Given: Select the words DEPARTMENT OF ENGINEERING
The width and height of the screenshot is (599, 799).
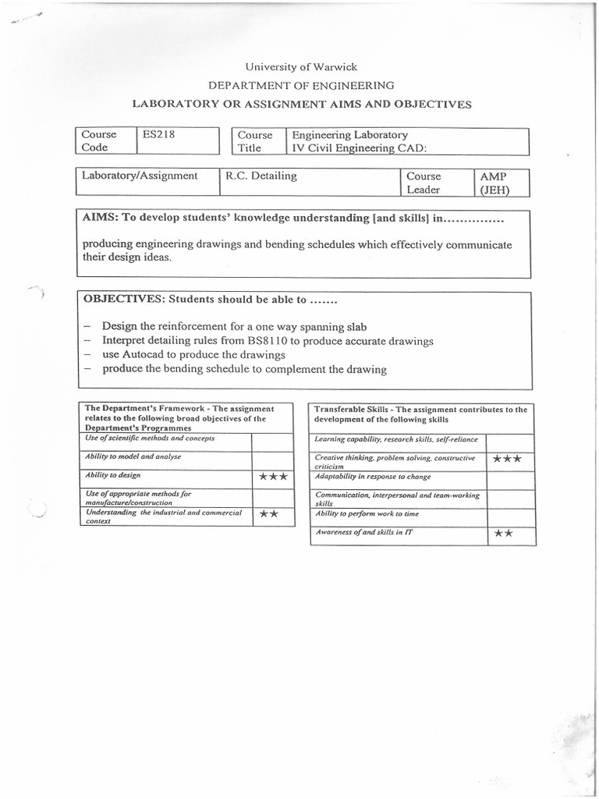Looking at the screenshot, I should click(x=300, y=85).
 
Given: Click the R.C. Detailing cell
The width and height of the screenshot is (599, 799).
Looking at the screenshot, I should click(x=261, y=176).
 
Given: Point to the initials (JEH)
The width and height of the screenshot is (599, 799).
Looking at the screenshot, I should click(x=495, y=190).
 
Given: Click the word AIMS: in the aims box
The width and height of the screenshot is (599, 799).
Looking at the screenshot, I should click(x=99, y=218).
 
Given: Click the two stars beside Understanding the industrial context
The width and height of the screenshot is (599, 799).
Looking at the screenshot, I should click(x=269, y=515).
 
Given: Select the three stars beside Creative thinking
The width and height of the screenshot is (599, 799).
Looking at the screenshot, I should click(x=507, y=459).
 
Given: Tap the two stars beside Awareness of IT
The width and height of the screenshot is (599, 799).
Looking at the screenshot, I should click(x=502, y=534).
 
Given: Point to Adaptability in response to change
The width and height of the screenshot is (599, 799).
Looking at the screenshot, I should click(x=372, y=476).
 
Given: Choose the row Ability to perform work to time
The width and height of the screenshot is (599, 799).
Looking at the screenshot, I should click(x=366, y=514).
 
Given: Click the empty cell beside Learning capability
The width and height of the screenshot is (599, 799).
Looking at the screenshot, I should click(x=511, y=440).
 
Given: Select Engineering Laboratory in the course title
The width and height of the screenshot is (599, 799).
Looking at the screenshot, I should click(x=349, y=134).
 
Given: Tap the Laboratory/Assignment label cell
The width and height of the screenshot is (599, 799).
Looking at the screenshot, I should click(x=140, y=176).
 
